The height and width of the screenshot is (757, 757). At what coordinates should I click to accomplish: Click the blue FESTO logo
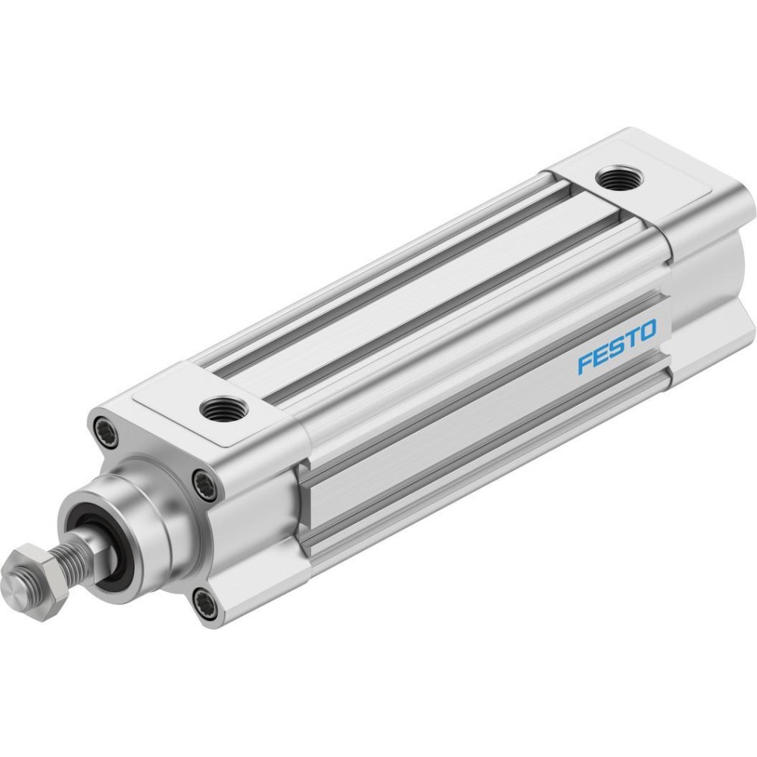coord(617,347)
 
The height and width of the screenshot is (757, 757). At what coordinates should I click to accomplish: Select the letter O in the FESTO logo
coord(647,331)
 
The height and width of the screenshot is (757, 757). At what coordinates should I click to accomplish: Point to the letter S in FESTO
coord(616,347)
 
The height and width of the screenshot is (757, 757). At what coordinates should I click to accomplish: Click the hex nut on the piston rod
coord(35,581)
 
